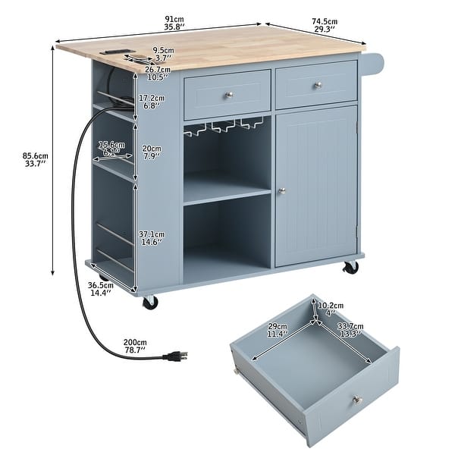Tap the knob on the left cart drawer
[x=227, y=93]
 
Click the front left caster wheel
[x=150, y=302]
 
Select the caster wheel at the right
[x=350, y=268]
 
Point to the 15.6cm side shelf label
[x=111, y=148]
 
